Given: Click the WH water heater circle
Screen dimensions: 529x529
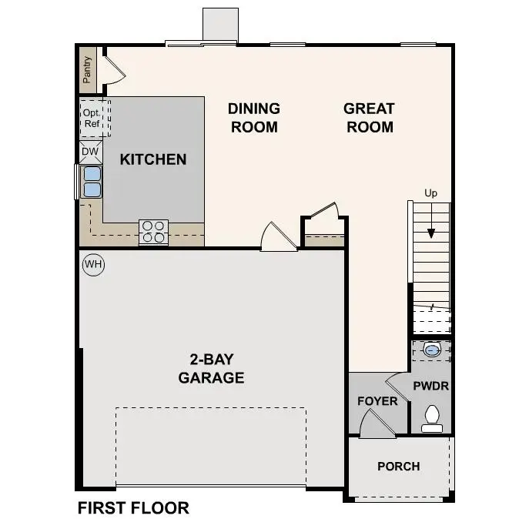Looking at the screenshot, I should [93, 265].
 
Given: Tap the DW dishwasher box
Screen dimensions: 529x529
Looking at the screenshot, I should [90, 152].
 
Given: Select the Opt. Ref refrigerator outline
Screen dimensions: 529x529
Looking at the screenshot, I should [92, 119].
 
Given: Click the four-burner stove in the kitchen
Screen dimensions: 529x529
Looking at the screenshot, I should [153, 232].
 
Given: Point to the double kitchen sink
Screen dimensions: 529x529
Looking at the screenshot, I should [92, 182].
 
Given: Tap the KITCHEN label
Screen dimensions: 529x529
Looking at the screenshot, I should [153, 159].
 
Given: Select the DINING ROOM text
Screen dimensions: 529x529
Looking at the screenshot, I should [253, 118].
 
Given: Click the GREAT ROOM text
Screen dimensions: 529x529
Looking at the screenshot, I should [369, 118].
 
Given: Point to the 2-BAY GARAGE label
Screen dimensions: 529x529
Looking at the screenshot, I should [211, 368].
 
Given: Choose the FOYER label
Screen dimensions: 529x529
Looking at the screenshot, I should [377, 401].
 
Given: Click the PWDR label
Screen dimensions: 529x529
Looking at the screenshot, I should [430, 386].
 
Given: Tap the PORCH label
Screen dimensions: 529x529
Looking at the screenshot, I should [399, 466].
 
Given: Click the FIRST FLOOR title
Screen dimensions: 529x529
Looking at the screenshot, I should [133, 508].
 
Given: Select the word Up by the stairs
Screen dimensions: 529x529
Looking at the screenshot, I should [430, 193].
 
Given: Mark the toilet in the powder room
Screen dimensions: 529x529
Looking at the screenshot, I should [431, 417].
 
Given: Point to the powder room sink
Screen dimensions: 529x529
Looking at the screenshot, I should [432, 350].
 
